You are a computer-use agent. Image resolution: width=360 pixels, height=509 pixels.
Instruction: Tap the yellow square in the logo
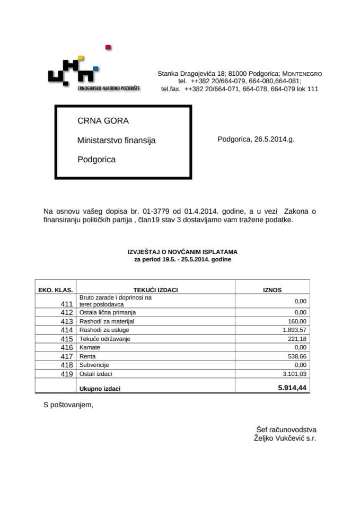click(81, 58)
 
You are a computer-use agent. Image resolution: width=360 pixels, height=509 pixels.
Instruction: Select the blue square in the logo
click(95, 68)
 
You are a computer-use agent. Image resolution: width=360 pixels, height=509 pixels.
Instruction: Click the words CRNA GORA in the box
click(103, 121)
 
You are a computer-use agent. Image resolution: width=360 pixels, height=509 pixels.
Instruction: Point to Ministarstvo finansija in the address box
click(117, 141)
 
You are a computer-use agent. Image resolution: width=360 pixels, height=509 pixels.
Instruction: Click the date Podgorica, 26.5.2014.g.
click(256, 139)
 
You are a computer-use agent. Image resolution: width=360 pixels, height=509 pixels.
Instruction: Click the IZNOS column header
click(273, 290)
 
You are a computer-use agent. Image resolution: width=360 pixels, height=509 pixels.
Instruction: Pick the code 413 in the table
click(67, 322)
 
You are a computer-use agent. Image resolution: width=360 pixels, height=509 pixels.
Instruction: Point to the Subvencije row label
click(94, 365)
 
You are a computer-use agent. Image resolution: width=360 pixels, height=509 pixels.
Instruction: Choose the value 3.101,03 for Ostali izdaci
click(293, 374)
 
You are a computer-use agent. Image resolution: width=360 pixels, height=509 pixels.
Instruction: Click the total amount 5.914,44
click(292, 388)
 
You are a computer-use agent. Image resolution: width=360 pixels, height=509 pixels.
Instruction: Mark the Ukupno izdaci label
click(100, 389)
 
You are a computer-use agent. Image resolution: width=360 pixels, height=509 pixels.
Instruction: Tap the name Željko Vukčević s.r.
click(285, 438)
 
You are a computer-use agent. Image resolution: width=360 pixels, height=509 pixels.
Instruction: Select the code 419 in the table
click(67, 374)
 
